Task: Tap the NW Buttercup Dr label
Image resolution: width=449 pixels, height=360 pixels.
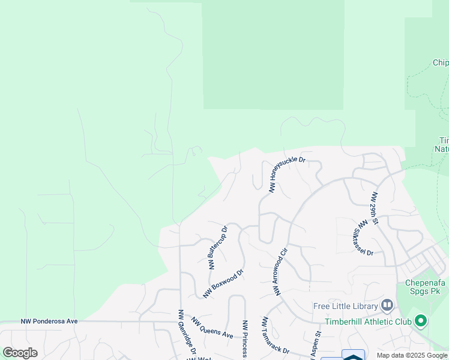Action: pos(217,248)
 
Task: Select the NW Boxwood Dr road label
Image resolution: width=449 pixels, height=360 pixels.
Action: pos(223,283)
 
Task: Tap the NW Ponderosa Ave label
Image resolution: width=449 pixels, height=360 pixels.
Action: pos(49,322)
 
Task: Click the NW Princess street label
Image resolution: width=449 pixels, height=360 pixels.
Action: pos(245,339)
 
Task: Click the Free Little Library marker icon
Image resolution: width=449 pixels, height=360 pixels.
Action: pos(387,305)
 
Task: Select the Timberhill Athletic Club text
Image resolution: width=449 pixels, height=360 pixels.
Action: pos(368,322)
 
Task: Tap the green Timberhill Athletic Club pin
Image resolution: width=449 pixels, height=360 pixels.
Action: pos(421,322)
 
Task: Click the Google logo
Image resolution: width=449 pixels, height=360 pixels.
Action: pos(20,353)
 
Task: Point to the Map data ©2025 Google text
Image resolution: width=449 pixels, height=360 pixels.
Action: pos(412,355)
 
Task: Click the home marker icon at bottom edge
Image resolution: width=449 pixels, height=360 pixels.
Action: pos(354,355)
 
